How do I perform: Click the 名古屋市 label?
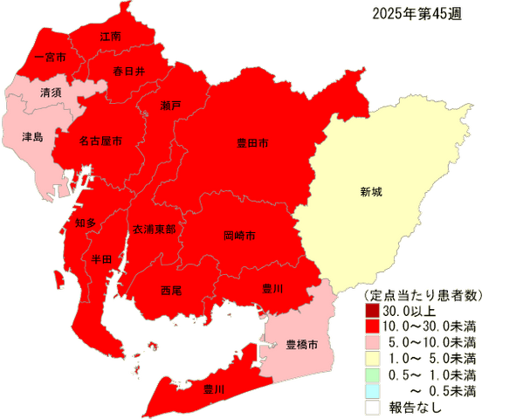click(x=100, y=141)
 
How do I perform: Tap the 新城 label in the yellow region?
click(x=371, y=191)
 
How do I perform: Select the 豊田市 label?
click(x=252, y=142)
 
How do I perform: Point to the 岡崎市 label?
click(x=239, y=236)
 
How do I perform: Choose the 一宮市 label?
click(x=38, y=58)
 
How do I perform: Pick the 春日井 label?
click(x=128, y=72)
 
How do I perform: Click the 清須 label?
click(x=51, y=92)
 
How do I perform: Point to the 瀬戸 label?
click(x=171, y=106)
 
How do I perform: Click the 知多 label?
click(x=85, y=223)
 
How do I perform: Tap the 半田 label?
click(x=101, y=260)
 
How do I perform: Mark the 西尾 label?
click(x=171, y=290)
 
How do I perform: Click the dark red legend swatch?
click(x=372, y=309)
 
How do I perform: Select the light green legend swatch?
click(x=372, y=374)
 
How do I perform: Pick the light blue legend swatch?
click(x=372, y=389)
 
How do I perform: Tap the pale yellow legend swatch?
click(x=372, y=357)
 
